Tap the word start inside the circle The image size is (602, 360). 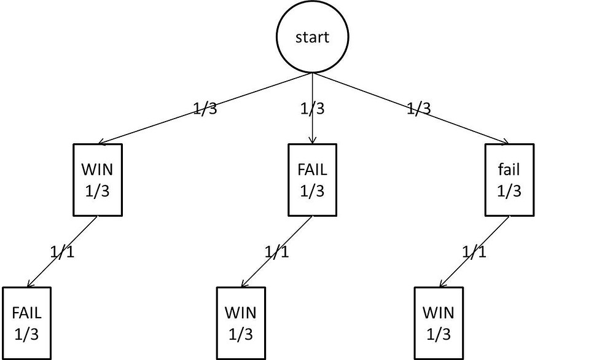[x=313, y=37]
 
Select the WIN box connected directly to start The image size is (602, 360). [x=98, y=180]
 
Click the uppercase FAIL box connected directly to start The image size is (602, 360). [x=313, y=180]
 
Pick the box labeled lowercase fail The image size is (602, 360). [x=509, y=180]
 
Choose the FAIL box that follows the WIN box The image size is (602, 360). [x=26, y=323]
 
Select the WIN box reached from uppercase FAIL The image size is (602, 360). [x=241, y=323]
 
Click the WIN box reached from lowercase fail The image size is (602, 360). [x=438, y=323]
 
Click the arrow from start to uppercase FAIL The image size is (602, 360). [x=313, y=129]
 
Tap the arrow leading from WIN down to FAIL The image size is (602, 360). [x=74, y=240]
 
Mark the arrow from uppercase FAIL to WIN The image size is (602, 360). [x=289, y=240]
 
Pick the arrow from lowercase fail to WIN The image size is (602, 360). [x=485, y=240]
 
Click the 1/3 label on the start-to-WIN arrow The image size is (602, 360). [x=205, y=109]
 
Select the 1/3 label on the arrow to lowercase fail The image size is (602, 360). [x=418, y=109]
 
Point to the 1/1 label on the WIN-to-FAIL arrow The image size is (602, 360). [x=61, y=252]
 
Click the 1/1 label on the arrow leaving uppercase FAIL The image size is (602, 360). [x=276, y=252]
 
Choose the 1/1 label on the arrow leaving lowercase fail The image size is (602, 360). [x=474, y=252]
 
